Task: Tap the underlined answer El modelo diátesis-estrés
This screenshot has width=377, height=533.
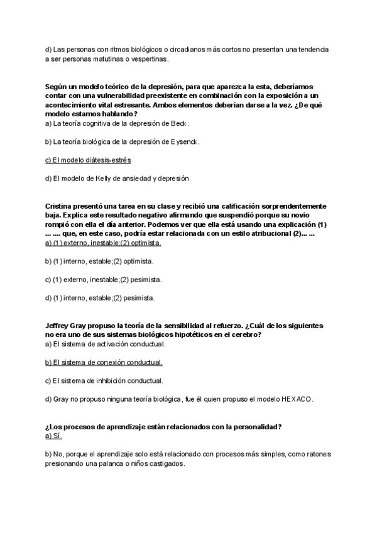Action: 89,160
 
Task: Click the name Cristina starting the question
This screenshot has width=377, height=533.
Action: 62,206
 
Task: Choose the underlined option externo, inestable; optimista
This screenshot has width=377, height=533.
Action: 103,243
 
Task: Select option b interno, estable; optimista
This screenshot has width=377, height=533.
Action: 99,261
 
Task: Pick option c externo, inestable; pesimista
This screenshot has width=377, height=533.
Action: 103,279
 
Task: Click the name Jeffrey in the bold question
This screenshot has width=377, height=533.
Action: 59,326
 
